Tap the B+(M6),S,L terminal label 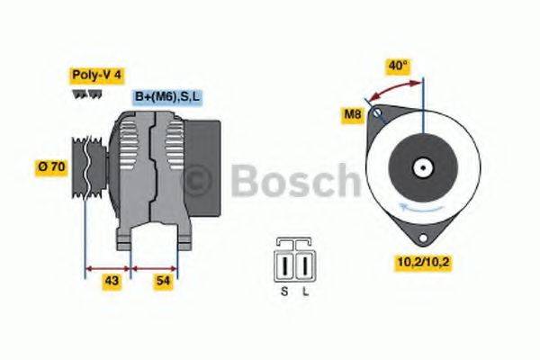tap(167, 96)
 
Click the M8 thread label tap(353, 114)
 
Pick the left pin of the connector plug tap(285, 266)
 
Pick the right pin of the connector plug tap(305, 266)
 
